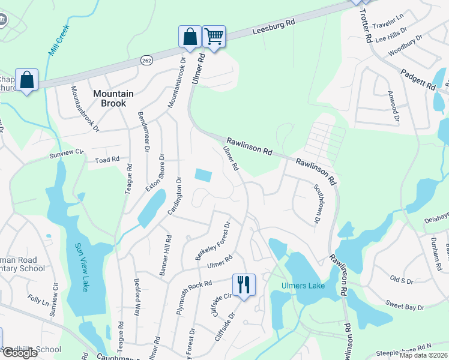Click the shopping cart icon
(214, 36)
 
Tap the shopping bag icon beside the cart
(190, 36)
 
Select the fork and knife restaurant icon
(243, 284)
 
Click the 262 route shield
(147, 61)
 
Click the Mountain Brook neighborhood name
(109, 98)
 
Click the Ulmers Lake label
(303, 286)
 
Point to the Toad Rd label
(107, 160)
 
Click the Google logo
(20, 353)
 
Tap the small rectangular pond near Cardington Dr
(203, 175)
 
